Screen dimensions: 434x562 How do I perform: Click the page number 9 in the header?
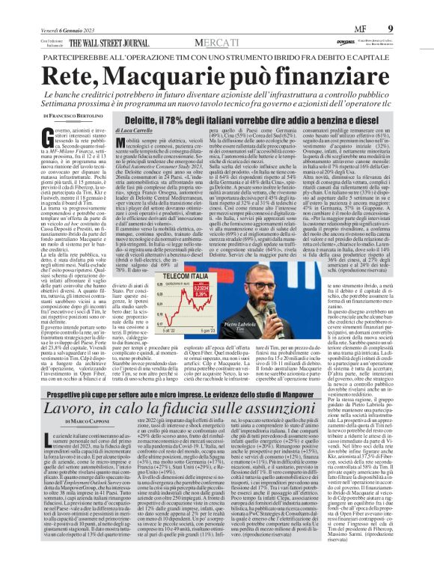(416, 8)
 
